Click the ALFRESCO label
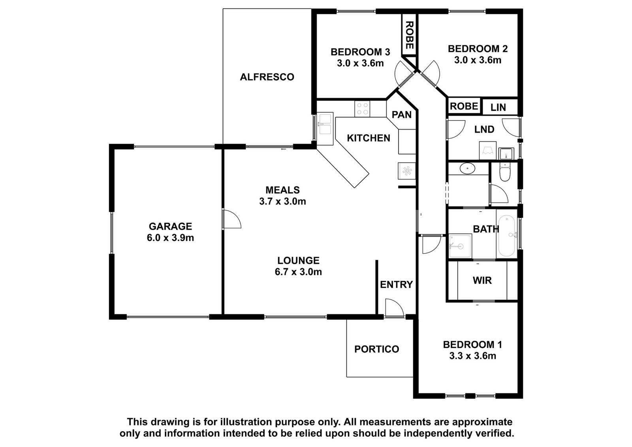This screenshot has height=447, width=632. coord(267,77)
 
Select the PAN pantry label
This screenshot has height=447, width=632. coord(401,115)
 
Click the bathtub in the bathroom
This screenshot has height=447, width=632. coord(507,236)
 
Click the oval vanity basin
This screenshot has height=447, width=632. coord(468,169)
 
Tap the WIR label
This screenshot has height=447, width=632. coord(482,280)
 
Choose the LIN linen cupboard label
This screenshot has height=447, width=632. coord(498,107)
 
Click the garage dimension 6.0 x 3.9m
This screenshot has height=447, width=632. coord(170,238)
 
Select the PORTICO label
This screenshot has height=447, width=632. coord(377,349)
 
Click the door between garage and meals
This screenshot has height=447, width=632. coord(231,219)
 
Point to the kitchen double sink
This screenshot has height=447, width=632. coord(325,129)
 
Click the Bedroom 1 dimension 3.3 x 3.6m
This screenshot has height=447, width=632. coord(472,356)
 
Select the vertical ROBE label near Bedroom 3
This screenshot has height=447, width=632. coord(409,35)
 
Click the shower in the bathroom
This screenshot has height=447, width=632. coord(460,246)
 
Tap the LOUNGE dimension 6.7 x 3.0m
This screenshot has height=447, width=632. coord(298,272)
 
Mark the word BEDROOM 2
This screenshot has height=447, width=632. coord(478,49)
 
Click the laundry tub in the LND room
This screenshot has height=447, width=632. coord(506,154)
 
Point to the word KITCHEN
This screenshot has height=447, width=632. coord(369,138)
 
